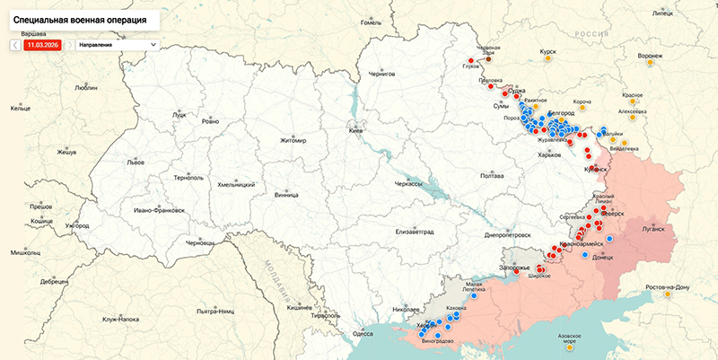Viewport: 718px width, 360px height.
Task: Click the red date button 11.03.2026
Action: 43,44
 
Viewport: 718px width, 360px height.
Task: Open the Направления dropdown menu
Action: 117,44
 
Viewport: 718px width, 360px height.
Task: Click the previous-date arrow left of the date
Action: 16,44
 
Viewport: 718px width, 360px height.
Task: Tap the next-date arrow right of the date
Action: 70,44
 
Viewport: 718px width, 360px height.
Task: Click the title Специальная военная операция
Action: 79,18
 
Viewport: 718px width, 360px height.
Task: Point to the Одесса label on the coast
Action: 363,333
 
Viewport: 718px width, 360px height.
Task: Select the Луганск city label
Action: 652,229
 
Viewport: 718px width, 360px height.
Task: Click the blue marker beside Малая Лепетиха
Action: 474,295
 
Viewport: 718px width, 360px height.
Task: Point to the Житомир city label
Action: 293,141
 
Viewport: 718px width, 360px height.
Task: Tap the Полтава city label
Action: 492,176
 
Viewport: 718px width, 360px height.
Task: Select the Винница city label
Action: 287,193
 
